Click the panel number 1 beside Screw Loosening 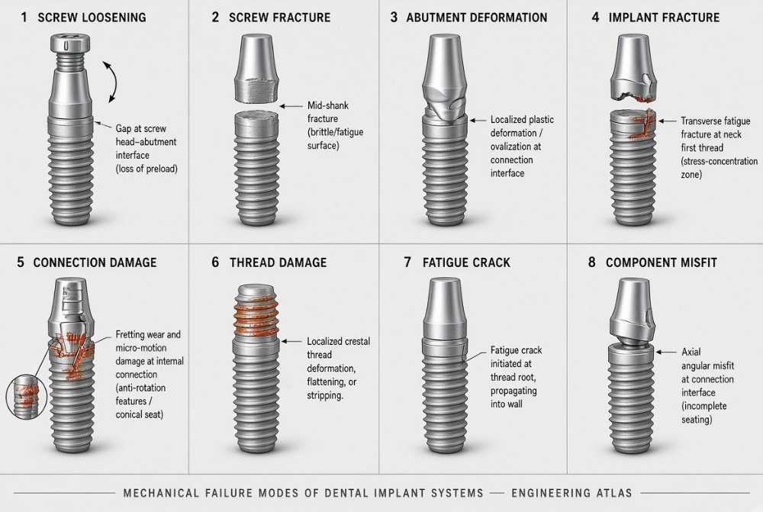tap(24, 18)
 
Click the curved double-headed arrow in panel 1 tap(114, 82)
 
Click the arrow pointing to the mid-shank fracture tap(291, 106)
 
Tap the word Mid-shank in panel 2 tap(328, 105)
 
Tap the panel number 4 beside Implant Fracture tap(595, 18)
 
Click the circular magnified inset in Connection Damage tap(26, 398)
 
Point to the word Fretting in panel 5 tap(130, 335)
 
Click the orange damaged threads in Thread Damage tap(257, 315)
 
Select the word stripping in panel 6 tap(324, 396)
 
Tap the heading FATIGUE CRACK tap(466, 262)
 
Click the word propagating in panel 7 tap(513, 391)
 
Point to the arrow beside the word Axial tap(666, 352)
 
